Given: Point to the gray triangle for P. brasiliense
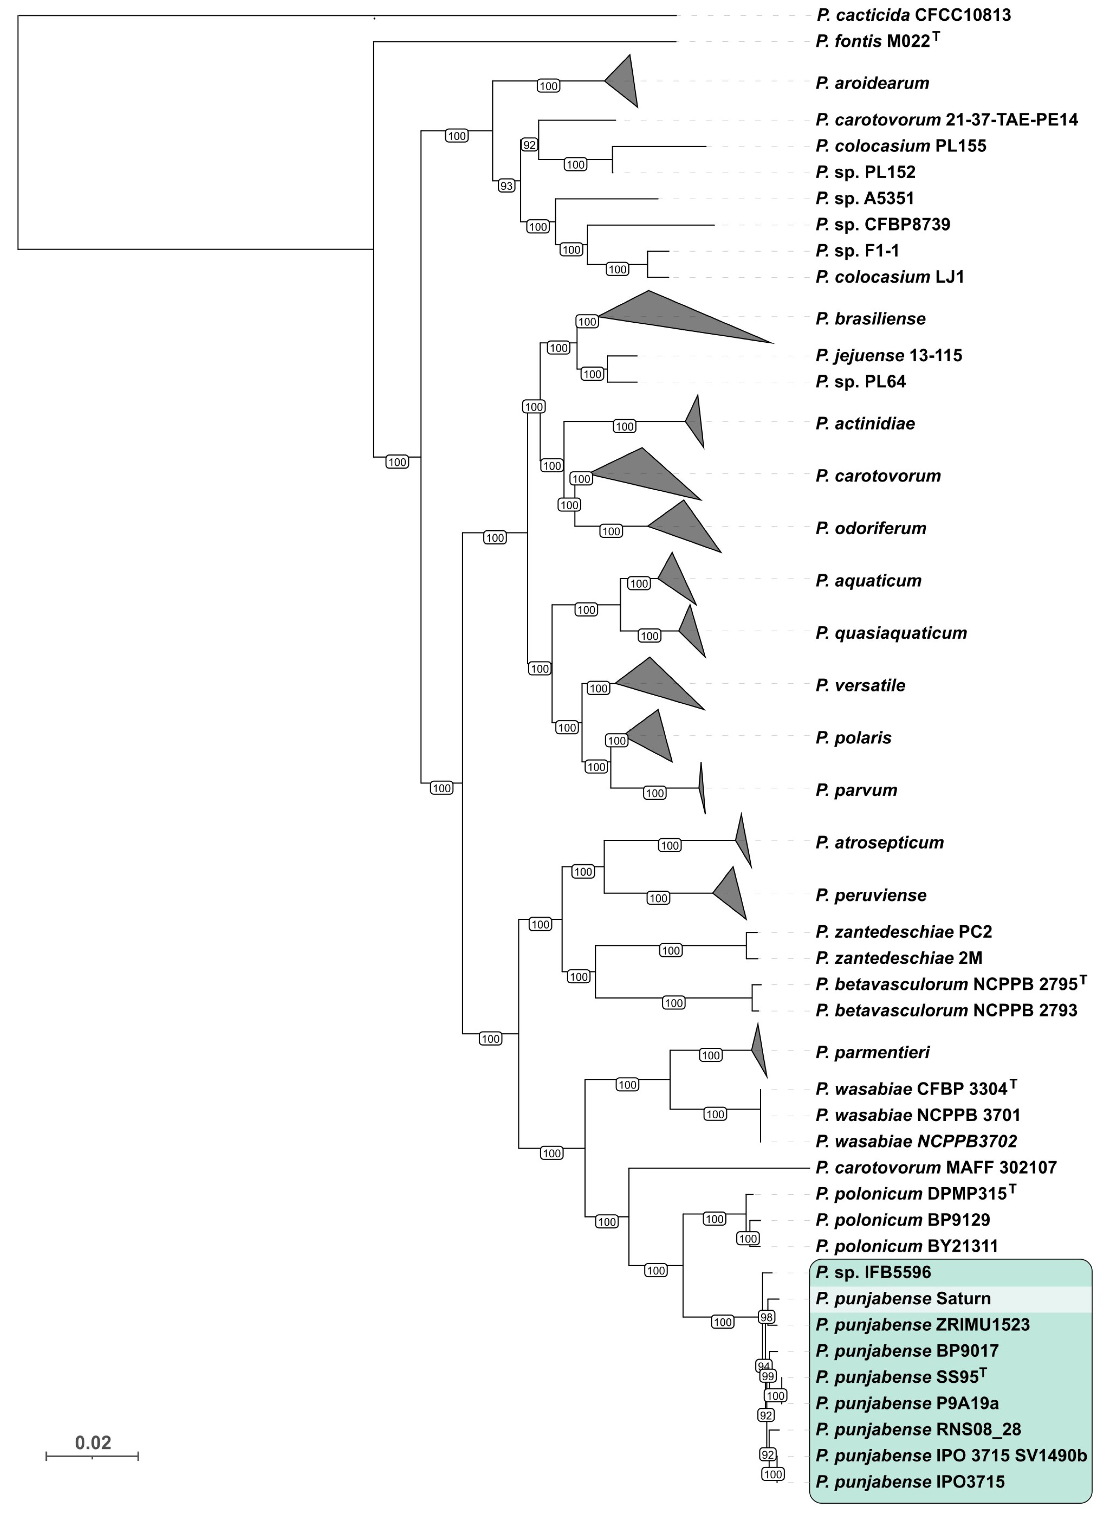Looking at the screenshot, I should pyautogui.click(x=674, y=317).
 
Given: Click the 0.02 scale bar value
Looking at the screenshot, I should pyautogui.click(x=93, y=1442).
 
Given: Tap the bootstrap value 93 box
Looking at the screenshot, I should pyautogui.click(x=507, y=186).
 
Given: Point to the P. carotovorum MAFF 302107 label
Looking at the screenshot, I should pyautogui.click(x=936, y=1168).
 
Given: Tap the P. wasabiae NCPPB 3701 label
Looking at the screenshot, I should pyautogui.click(x=918, y=1115).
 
